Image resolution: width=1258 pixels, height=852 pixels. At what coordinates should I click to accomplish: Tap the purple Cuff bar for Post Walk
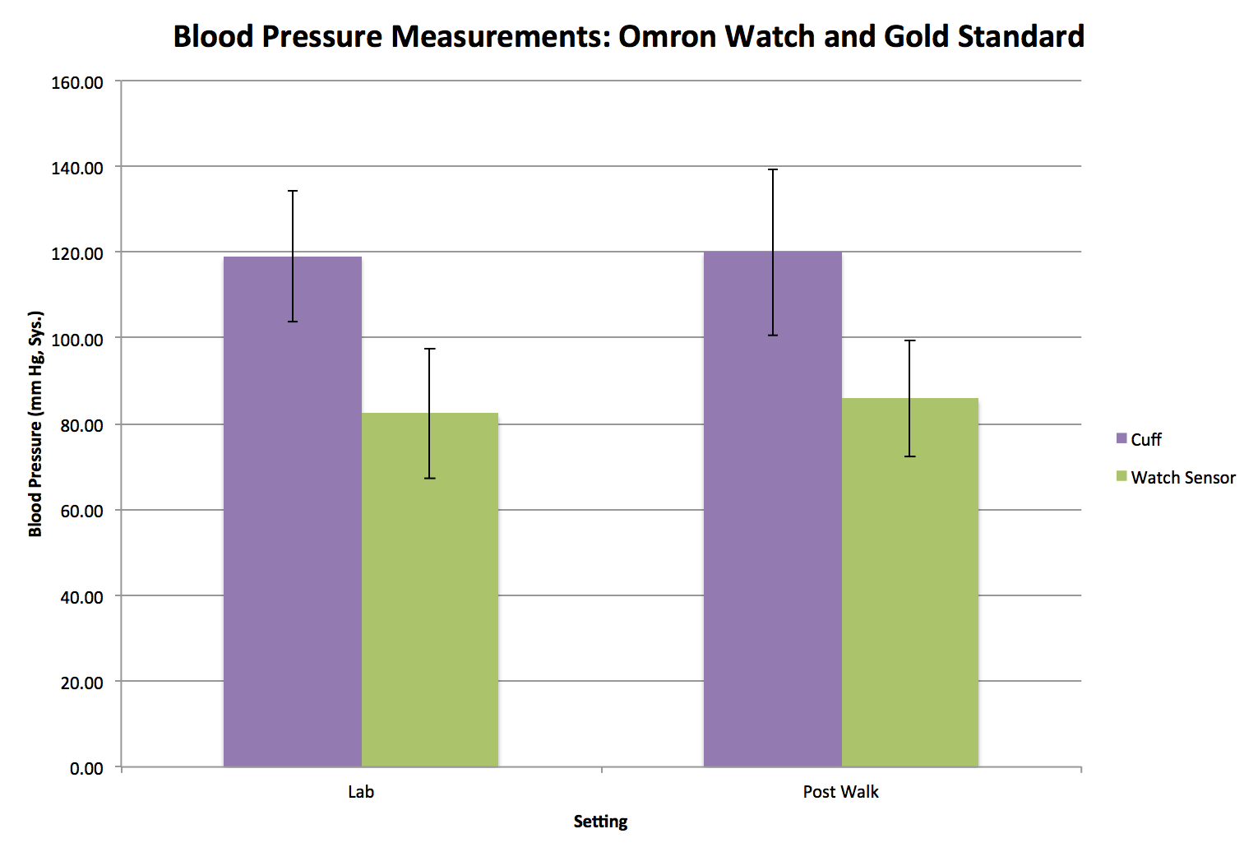pyautogui.click(x=772, y=509)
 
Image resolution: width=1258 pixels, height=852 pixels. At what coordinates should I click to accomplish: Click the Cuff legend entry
pyautogui.click(x=1145, y=440)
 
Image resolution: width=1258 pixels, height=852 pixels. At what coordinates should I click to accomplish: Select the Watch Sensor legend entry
pyautogui.click(x=1182, y=478)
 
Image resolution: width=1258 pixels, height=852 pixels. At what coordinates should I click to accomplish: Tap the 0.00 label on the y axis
pyautogui.click(x=86, y=768)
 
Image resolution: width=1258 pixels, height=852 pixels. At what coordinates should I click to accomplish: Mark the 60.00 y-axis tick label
pyautogui.click(x=81, y=511)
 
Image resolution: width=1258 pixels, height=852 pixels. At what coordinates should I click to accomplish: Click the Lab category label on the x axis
pyautogui.click(x=360, y=792)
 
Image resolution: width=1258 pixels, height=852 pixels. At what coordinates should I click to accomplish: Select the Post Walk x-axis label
pyautogui.click(x=840, y=792)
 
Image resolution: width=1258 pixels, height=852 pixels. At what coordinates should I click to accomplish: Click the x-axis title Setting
pyautogui.click(x=600, y=822)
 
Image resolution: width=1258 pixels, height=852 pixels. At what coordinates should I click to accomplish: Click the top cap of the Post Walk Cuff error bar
pyautogui.click(x=773, y=169)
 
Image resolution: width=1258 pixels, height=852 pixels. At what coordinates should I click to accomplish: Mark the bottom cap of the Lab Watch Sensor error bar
pyautogui.click(x=429, y=478)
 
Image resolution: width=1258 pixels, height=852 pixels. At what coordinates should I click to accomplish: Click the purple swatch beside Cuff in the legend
pyautogui.click(x=1122, y=439)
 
